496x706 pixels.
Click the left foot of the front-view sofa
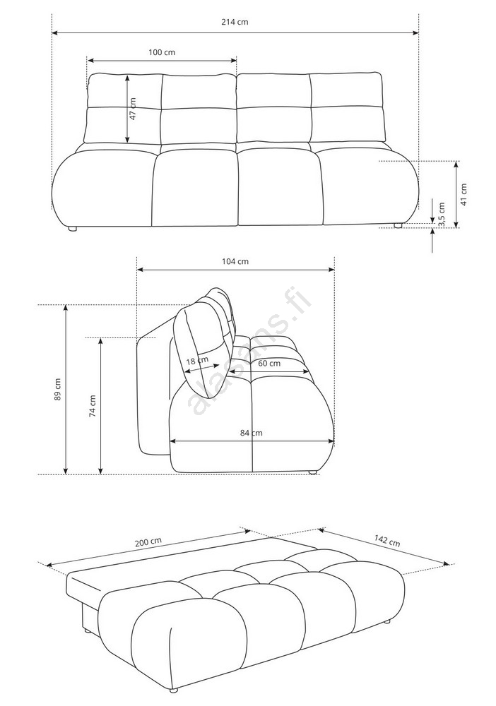point(72,229)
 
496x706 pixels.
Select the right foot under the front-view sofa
point(398,225)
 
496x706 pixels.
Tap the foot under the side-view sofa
point(312,472)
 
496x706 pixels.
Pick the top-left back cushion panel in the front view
point(125,90)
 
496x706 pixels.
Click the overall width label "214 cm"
point(235,22)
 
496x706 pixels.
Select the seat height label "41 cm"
point(464,193)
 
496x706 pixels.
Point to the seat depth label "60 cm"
point(269,363)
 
